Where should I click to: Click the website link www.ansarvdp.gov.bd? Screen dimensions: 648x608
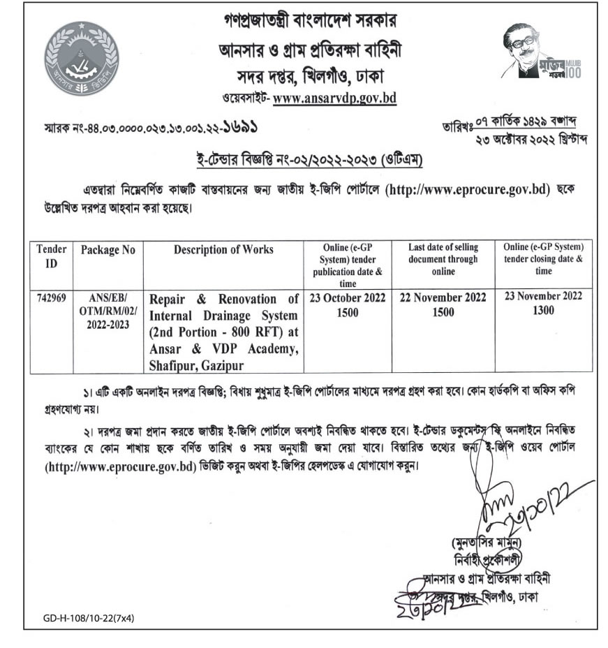(x=334, y=98)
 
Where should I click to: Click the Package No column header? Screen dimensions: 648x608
(x=107, y=250)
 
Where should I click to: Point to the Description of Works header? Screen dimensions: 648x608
(x=223, y=250)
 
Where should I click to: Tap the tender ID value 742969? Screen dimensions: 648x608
(x=51, y=297)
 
